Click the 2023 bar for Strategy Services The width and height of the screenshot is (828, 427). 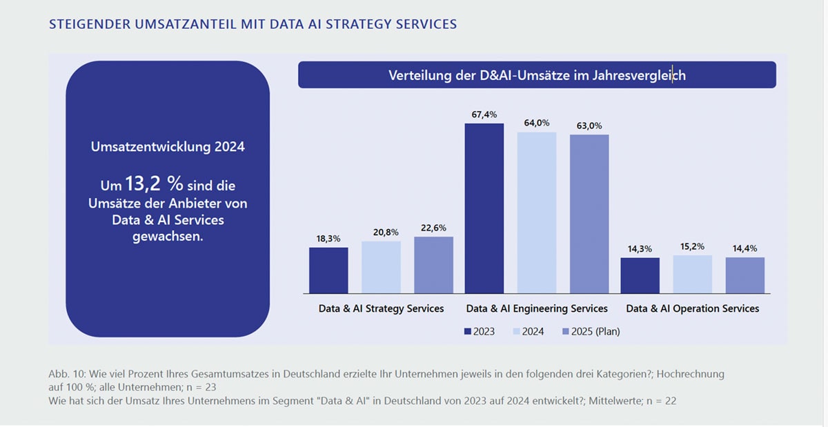click(x=328, y=270)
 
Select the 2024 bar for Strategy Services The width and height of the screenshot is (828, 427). click(x=381, y=267)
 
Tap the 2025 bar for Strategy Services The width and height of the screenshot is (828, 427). click(x=433, y=265)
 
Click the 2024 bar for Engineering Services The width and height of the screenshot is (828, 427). click(x=537, y=212)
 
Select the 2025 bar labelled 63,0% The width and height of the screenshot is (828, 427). click(x=589, y=214)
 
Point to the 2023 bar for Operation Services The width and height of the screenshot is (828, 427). click(x=640, y=275)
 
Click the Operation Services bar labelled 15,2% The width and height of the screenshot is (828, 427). click(x=693, y=274)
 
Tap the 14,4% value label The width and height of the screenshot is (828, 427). click(x=745, y=248)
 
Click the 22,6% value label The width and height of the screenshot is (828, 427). click(x=433, y=227)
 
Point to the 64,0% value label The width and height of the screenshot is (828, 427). click(x=537, y=123)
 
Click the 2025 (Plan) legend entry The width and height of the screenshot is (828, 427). click(x=589, y=332)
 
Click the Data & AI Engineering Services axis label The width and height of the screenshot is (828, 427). click(x=537, y=308)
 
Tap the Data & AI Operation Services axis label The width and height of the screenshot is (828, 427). click(x=692, y=308)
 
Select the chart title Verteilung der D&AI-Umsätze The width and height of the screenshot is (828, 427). click(x=537, y=75)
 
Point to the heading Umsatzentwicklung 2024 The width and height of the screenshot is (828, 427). click(x=168, y=146)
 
